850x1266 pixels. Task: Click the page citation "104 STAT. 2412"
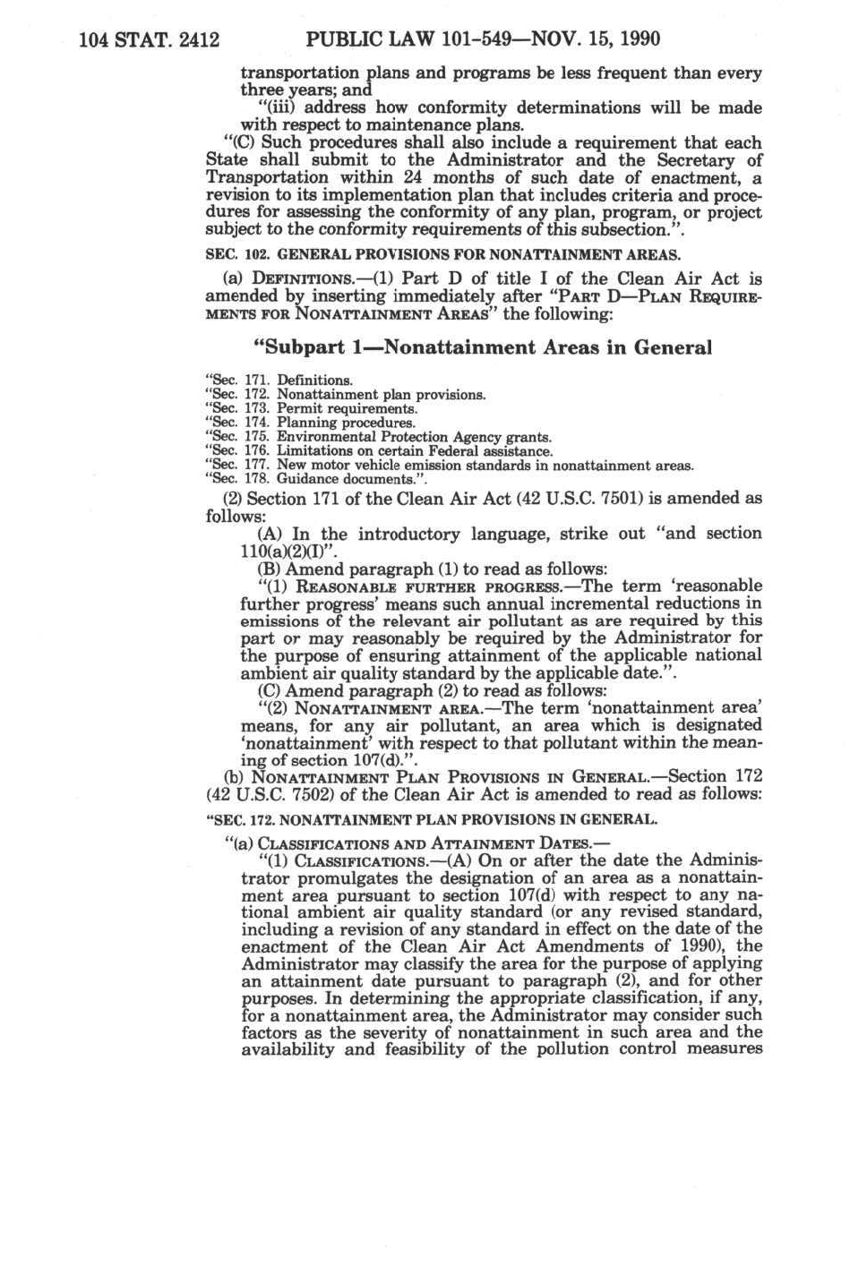point(150,40)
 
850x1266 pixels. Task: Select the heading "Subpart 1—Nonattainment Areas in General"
point(484,347)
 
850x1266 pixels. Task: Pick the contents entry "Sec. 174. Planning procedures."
point(310,423)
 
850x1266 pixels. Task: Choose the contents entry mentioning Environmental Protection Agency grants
point(378,437)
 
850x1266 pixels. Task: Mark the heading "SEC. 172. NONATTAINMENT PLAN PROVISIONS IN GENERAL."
point(432,818)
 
